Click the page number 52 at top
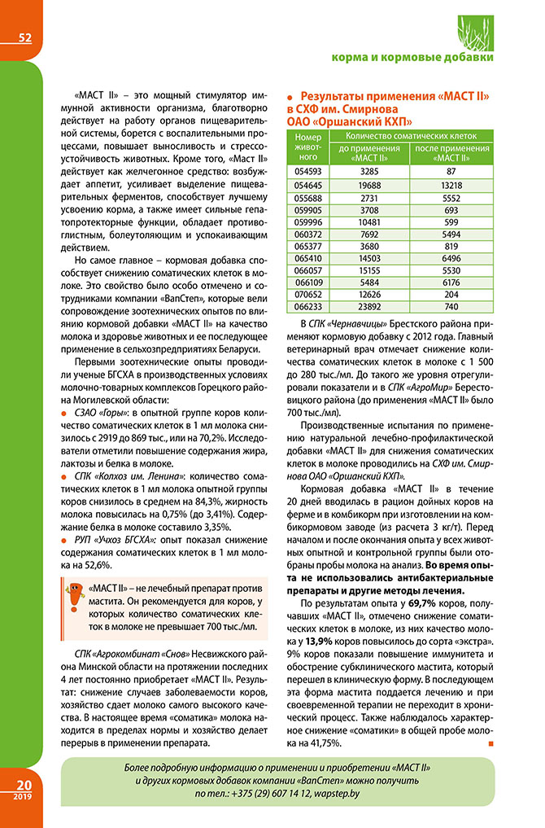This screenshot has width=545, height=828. [x=24, y=37]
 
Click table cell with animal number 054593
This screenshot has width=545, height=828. [x=307, y=172]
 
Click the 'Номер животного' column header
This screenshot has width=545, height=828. [x=307, y=147]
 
